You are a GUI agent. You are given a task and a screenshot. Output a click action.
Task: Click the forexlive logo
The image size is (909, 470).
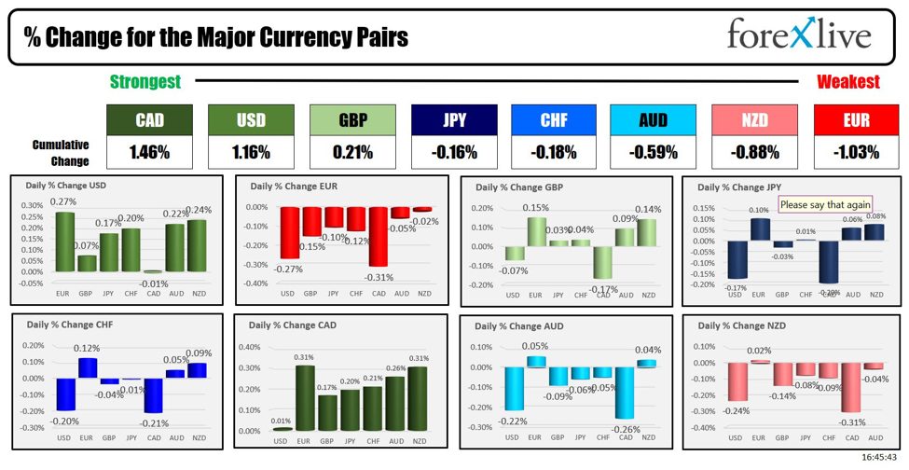point(799,35)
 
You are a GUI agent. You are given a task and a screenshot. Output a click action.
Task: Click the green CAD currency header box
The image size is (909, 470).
point(149,120)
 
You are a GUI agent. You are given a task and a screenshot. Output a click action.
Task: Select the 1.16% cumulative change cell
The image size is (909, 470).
point(252,151)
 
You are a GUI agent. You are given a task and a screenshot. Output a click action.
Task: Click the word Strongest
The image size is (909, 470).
point(145,82)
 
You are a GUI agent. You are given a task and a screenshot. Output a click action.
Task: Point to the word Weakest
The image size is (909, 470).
point(848,82)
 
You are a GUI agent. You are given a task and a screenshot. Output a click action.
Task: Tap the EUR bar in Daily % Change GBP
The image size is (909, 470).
point(535,232)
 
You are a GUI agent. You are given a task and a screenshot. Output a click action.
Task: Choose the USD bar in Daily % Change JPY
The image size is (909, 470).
point(737,260)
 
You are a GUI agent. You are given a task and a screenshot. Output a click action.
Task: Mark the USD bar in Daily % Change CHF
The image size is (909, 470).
point(63,394)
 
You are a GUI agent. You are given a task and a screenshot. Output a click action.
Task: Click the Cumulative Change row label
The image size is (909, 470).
point(61,152)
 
